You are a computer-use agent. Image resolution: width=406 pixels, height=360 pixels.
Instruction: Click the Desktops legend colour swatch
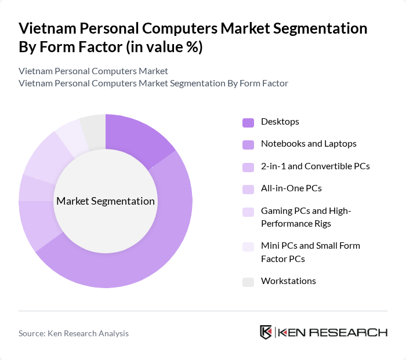tap(248, 122)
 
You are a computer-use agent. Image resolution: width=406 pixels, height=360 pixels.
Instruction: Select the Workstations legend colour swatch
tap(248, 282)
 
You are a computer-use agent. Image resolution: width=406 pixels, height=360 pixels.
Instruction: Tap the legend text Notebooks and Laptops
tap(309, 143)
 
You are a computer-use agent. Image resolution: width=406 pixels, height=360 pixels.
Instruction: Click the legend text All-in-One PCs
tap(291, 188)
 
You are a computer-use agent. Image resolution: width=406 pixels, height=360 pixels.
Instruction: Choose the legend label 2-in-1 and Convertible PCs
tap(315, 166)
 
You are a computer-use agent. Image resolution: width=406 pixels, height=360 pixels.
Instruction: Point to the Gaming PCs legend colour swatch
tap(248, 212)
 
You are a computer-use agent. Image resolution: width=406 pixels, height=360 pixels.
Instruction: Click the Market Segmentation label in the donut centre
tap(106, 201)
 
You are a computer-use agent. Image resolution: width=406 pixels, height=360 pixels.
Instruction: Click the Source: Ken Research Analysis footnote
tap(74, 333)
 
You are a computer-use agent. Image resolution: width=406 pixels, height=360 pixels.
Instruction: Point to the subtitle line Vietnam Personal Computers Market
tap(93, 71)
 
